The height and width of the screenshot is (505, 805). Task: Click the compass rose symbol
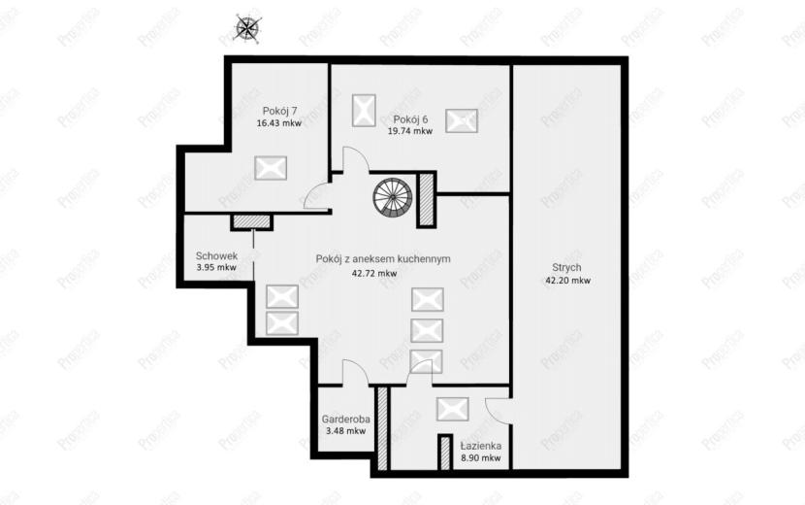248,27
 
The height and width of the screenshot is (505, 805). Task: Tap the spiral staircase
393,197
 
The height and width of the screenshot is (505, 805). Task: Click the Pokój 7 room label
279,111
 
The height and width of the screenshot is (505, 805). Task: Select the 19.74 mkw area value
409,131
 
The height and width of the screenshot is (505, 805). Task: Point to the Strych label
566,267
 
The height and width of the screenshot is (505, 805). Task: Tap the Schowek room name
216,255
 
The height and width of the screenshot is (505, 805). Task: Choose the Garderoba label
346,420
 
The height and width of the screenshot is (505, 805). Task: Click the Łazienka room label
480,446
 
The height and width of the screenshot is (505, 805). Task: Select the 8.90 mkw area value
480,458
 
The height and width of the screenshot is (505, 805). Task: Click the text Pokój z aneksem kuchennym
383,259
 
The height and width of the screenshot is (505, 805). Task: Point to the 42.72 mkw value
373,273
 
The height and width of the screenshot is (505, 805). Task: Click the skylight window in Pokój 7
271,168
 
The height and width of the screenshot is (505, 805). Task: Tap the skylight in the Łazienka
452,410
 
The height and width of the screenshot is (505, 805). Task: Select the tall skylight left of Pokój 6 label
364,110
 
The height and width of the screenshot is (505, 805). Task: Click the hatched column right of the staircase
426,199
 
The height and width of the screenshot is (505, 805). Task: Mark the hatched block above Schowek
251,221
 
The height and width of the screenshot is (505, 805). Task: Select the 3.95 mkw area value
216,267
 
